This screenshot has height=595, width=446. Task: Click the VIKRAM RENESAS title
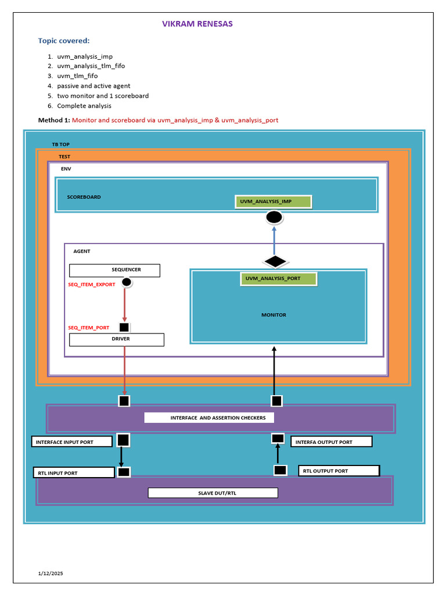pyautogui.click(x=197, y=24)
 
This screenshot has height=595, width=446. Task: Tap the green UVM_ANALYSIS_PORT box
pyautogui.click(x=278, y=279)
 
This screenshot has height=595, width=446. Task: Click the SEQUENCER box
pyautogui.click(x=114, y=270)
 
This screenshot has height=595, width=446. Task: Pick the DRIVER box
pyautogui.click(x=117, y=339)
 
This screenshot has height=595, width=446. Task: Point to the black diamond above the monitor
pyautogui.click(x=275, y=261)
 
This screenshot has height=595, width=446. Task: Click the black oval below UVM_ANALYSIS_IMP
pyautogui.click(x=274, y=218)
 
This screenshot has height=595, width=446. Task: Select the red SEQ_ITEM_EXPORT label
pyautogui.click(x=92, y=285)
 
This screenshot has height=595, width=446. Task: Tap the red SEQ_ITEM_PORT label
pyautogui.click(x=89, y=328)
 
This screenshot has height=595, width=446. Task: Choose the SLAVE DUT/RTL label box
pyautogui.click(x=213, y=493)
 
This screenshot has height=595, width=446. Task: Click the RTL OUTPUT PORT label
pyautogui.click(x=339, y=471)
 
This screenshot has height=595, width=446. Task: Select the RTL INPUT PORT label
pyautogui.click(x=73, y=473)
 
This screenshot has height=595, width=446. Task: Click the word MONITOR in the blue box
pyautogui.click(x=274, y=315)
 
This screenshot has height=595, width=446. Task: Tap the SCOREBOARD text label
pyautogui.click(x=84, y=197)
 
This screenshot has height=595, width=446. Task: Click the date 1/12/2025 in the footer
pyautogui.click(x=51, y=574)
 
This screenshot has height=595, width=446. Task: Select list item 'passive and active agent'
pyautogui.click(x=93, y=85)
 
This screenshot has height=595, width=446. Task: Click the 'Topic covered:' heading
pyautogui.click(x=64, y=41)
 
